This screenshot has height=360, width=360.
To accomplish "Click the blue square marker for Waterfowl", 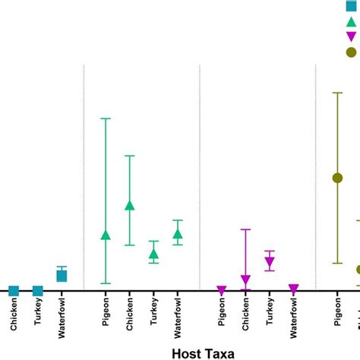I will click(62, 276).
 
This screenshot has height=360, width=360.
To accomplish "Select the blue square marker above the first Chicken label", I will click(14, 291).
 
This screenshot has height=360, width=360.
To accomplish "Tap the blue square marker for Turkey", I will click(38, 291).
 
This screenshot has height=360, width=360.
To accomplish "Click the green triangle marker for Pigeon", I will click(106, 235).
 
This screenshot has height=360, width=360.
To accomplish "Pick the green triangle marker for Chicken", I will click(130, 206).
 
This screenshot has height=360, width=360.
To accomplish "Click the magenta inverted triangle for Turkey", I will click(270, 262).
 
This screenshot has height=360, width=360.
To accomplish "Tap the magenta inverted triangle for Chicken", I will click(245, 280).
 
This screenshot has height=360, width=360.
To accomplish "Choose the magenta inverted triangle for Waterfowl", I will click(293, 289).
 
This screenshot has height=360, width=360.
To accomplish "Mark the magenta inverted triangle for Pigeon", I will click(221, 290).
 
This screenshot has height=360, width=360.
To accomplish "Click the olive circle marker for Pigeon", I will click(337, 178).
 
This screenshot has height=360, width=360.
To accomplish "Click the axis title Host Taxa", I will click(203, 352).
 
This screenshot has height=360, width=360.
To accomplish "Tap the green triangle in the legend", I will click(351, 21).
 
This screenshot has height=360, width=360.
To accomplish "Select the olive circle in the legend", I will click(351, 52).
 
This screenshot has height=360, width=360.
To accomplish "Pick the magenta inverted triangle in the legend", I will click(351, 36).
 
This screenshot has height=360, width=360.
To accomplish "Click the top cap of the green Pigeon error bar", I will click(106, 118).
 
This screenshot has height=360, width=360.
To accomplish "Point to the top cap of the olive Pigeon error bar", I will click(337, 93).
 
